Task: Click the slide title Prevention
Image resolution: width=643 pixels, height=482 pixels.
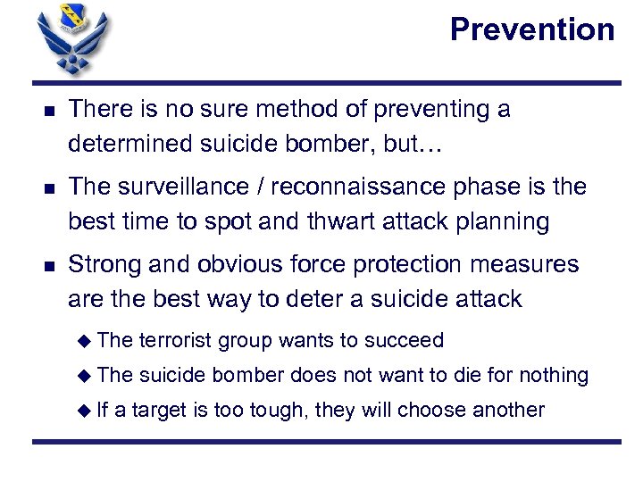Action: [x=532, y=30]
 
